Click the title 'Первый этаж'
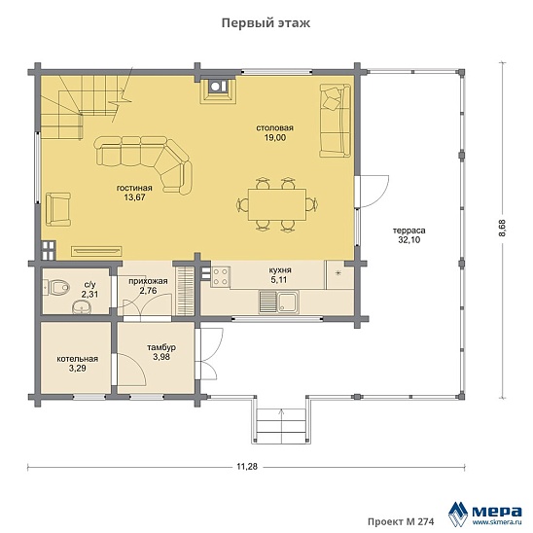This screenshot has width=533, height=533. coord(266,23)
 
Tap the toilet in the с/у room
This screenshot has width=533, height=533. coord(56,288)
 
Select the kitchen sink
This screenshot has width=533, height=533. coord(279,302)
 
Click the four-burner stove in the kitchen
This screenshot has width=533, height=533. coord(220,277)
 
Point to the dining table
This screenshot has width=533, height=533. coord(277,204)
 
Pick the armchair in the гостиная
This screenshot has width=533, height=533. coord(58,209)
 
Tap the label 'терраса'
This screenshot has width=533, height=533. coord(409,231)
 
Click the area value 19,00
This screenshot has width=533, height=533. coord(275,138)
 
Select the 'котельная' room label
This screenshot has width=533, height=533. coord(78,359)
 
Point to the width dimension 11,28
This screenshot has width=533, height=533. coord(247,467)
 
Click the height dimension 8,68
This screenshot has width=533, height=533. coord(503,229)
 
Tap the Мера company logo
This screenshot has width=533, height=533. coord(485,513)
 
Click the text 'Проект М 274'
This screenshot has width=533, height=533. coord(401,521)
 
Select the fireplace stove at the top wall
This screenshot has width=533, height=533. coord(217,89)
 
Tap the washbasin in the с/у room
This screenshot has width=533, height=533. coord(82,307)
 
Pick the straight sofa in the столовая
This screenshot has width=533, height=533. coord(336,121)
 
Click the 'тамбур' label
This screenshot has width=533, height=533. coord(161,348)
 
